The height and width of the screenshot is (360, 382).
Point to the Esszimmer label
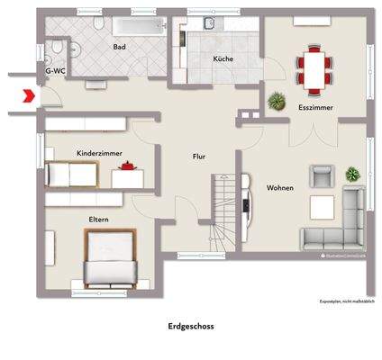pos(315,108)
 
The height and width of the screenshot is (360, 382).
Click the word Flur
pos(199,156)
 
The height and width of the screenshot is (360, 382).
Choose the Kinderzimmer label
pos(99,153)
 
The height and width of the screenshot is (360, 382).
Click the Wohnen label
pos(279,187)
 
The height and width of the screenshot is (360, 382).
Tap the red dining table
pos(314,71)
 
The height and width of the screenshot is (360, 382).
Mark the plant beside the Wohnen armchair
pos(352,173)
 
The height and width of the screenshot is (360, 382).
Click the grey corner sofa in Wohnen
pos(335,225)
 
